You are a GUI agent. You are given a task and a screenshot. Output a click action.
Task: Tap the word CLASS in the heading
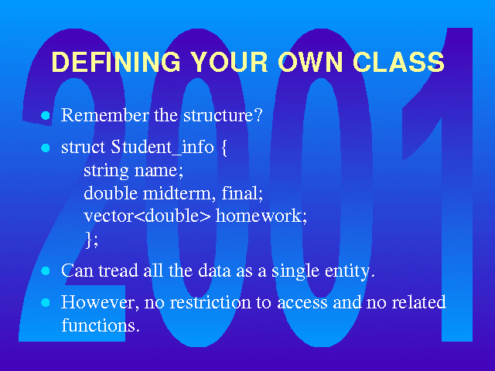[399, 61]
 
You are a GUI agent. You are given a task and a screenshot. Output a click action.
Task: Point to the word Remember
[105, 115]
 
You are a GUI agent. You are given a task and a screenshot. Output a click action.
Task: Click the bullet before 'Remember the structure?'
[46, 115]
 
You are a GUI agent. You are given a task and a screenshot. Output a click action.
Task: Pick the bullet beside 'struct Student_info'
[46, 148]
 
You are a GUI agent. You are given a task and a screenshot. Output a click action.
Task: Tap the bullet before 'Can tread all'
[46, 271]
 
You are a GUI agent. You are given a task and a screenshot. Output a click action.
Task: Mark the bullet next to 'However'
[46, 302]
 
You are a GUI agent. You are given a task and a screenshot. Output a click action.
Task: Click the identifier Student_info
[162, 148]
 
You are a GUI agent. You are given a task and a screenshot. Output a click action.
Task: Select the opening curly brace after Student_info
[224, 148]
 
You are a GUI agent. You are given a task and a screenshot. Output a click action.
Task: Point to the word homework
[261, 216]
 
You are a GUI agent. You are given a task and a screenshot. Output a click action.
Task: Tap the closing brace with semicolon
[92, 240]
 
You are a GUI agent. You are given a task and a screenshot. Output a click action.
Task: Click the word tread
[118, 271]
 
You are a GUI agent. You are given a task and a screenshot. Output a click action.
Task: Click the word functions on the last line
[101, 325]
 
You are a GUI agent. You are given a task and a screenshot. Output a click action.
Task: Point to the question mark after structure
[258, 115]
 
